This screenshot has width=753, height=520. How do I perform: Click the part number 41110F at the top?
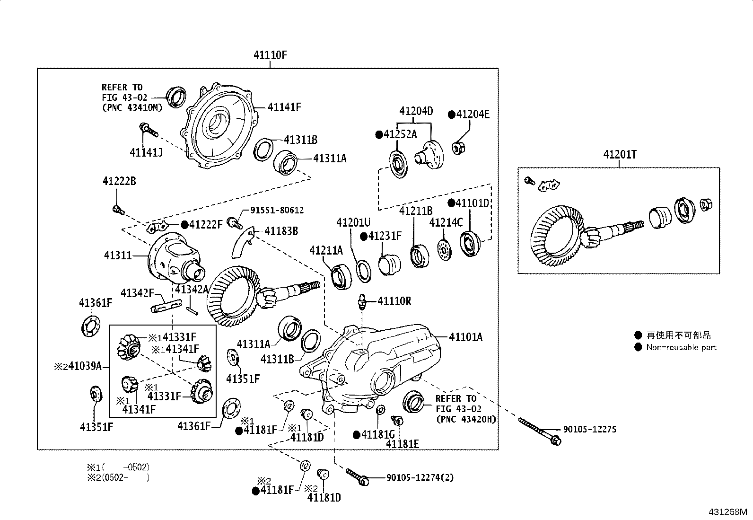point(270,55)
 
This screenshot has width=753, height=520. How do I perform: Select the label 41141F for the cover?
point(284,107)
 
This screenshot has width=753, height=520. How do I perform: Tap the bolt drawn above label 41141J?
point(148,130)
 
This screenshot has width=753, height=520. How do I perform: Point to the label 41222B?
point(119,181)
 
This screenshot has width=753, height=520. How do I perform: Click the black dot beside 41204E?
point(452,115)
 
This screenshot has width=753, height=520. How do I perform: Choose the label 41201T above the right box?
point(620,154)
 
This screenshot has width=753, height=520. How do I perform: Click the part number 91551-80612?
point(277,210)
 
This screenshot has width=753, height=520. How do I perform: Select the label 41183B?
point(281,231)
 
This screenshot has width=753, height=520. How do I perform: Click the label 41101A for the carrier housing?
point(466,337)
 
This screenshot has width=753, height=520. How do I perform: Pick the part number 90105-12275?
point(590,429)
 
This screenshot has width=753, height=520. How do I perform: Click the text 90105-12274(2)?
point(420,477)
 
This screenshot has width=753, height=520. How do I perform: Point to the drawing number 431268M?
point(728,511)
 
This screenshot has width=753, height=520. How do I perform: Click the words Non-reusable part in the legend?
point(682,347)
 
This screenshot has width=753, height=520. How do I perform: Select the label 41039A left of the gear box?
point(85,366)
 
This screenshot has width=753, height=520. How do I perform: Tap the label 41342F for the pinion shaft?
point(137,293)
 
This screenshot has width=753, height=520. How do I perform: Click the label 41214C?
point(446,222)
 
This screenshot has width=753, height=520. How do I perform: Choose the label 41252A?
point(400,134)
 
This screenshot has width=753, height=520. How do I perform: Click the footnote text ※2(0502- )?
point(118,477)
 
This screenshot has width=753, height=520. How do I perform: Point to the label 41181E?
point(403,444)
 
